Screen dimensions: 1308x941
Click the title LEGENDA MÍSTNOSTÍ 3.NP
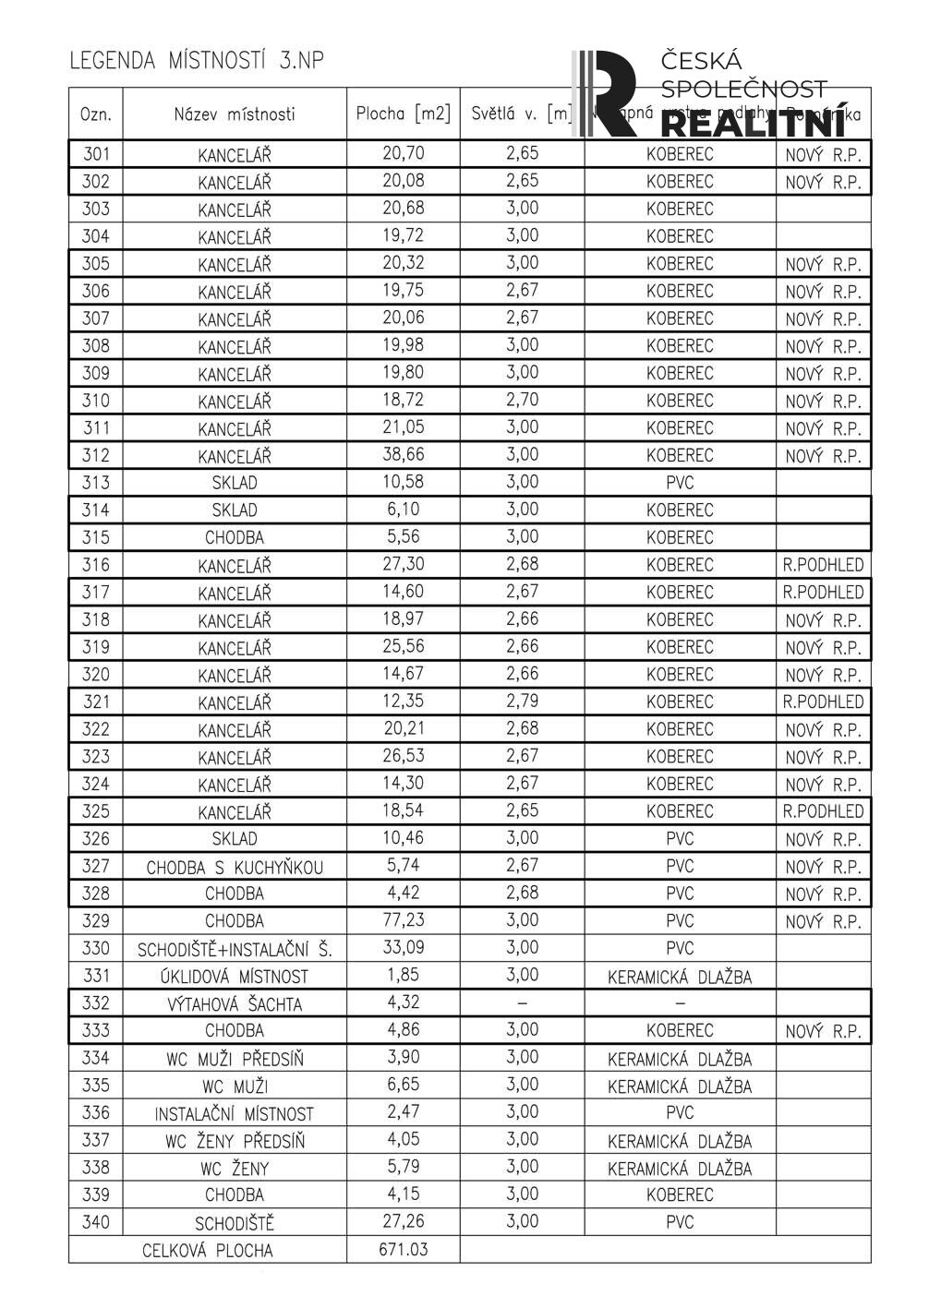pyautogui.click(x=197, y=62)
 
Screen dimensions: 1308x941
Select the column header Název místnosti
pyautogui.click(x=235, y=114)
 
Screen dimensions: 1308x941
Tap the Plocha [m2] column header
pyautogui.click(x=404, y=114)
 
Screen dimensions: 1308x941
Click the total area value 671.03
pyautogui.click(x=404, y=1250)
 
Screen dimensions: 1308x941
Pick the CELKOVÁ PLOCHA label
pyautogui.click(x=208, y=1251)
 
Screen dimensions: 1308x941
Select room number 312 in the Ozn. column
pyautogui.click(x=95, y=455)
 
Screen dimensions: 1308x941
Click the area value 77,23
pyautogui.click(x=404, y=920)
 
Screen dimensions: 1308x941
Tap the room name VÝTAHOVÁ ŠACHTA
pyautogui.click(x=235, y=1003)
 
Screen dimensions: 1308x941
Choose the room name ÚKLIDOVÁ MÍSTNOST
pyautogui.click(x=235, y=976)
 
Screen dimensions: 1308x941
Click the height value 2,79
pyautogui.click(x=522, y=702)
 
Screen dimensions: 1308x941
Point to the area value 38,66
pyautogui.click(x=404, y=455)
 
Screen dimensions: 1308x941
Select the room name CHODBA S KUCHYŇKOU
pyautogui.click(x=235, y=867)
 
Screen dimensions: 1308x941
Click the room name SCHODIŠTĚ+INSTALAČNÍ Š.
pyautogui.click(x=235, y=949)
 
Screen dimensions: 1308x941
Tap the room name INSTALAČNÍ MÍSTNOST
pyautogui.click(x=235, y=1113)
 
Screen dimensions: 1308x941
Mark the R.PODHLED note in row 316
pyautogui.click(x=823, y=565)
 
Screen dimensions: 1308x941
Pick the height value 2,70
pyautogui.click(x=522, y=401)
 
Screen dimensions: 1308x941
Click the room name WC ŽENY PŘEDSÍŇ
pyautogui.click(x=235, y=1141)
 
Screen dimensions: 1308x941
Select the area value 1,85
pyautogui.click(x=404, y=976)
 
